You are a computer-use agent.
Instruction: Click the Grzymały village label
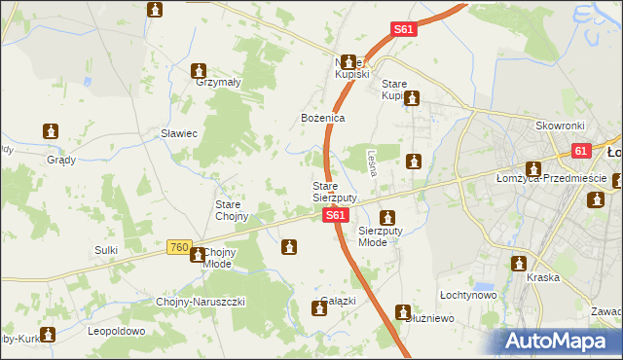point(218,83)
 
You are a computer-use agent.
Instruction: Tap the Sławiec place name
point(179,134)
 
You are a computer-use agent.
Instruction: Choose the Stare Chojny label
point(234,210)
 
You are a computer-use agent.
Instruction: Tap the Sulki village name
point(106,250)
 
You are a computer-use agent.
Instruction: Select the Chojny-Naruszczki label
point(201,302)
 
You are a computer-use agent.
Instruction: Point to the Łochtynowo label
point(468,294)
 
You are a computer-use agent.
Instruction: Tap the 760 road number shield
point(177,249)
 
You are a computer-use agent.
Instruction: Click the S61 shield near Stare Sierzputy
point(335,214)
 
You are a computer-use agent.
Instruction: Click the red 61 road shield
point(581,151)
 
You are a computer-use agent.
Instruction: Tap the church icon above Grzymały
point(200,70)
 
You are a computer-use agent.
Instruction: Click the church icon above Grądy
point(52,130)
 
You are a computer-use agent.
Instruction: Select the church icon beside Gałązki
point(318,309)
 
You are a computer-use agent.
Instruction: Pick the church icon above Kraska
point(518,264)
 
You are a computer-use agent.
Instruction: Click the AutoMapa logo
point(561,342)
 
